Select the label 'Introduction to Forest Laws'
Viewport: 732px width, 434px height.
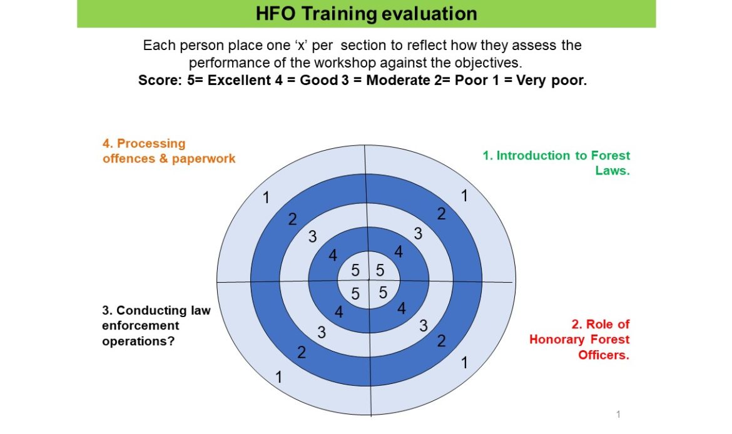[556, 163]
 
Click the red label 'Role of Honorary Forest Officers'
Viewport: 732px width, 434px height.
[579, 340]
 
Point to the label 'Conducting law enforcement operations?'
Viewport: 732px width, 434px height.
[156, 326]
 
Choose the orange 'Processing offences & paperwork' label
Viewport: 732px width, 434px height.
[169, 151]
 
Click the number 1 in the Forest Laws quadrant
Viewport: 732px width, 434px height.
[464, 196]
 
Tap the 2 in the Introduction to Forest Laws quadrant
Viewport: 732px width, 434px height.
[441, 214]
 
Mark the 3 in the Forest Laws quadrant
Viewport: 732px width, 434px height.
[418, 233]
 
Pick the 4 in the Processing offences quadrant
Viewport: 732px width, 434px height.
[332, 255]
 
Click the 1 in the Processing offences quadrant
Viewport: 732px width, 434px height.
[266, 198]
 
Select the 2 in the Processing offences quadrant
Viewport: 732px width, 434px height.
[292, 219]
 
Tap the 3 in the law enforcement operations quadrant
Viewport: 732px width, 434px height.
[322, 332]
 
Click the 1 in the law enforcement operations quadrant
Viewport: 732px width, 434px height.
[278, 376]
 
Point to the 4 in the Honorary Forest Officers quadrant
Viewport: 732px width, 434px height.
[402, 308]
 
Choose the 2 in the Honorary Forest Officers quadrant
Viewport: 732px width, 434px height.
[441, 341]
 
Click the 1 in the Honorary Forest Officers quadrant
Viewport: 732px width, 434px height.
[464, 362]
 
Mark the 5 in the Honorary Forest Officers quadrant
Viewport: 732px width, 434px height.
[383, 293]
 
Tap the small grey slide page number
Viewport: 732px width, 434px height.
[619, 414]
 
